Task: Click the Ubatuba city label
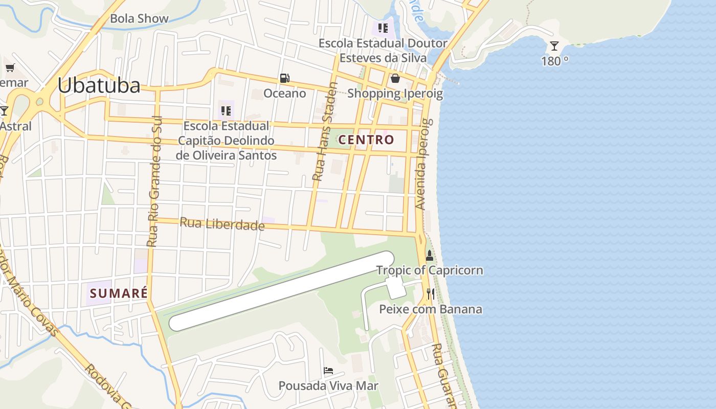coord(99,85)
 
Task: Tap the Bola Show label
coord(139,18)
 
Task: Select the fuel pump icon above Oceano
coord(284,78)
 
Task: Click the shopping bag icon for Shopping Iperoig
coord(395,78)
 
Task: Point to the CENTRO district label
coord(366,140)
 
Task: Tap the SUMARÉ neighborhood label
coord(119,293)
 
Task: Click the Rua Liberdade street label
coord(222,224)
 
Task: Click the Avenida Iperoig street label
coord(424,165)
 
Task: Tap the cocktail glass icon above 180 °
coord(554,46)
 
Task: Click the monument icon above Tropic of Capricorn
coord(430,255)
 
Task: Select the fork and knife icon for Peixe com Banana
coord(431,293)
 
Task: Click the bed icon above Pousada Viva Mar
coord(328,371)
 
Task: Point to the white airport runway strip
coord(281,291)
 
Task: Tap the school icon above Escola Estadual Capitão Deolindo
coord(226,110)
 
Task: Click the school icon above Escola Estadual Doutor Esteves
coord(383,28)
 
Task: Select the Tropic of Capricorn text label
coord(430,270)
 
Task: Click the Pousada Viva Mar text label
coord(328,385)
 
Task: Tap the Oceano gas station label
coord(284,93)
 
